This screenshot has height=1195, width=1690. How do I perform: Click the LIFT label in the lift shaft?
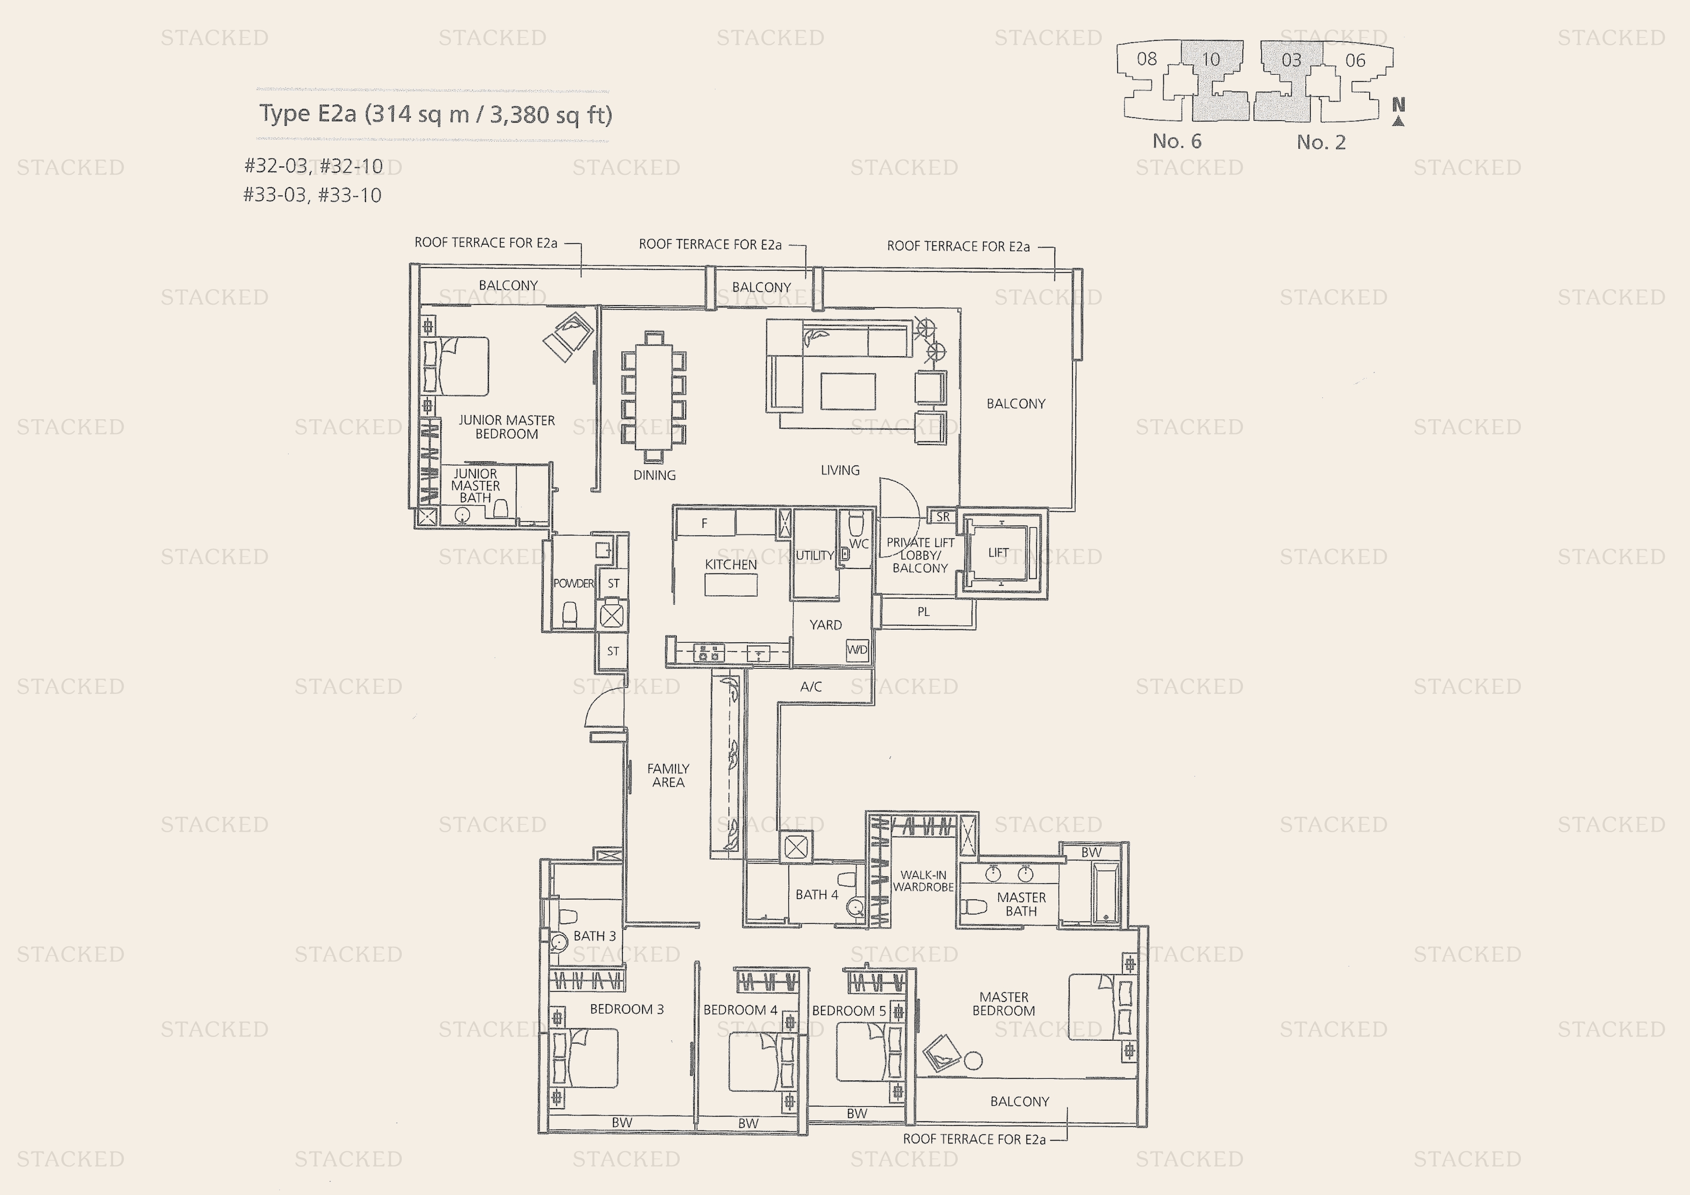(x=998, y=552)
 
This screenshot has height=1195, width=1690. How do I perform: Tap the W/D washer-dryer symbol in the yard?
(x=857, y=650)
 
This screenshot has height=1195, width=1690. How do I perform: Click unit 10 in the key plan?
(x=1211, y=60)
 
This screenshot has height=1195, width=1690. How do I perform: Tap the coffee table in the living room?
(x=848, y=391)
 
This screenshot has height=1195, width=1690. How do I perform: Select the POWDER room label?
(x=573, y=583)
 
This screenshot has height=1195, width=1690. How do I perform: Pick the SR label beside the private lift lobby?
(x=943, y=517)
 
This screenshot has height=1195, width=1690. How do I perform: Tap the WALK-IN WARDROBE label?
(x=923, y=881)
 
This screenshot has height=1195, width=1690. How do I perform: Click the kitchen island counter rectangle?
(x=730, y=584)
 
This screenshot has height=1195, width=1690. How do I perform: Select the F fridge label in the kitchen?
(x=704, y=523)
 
